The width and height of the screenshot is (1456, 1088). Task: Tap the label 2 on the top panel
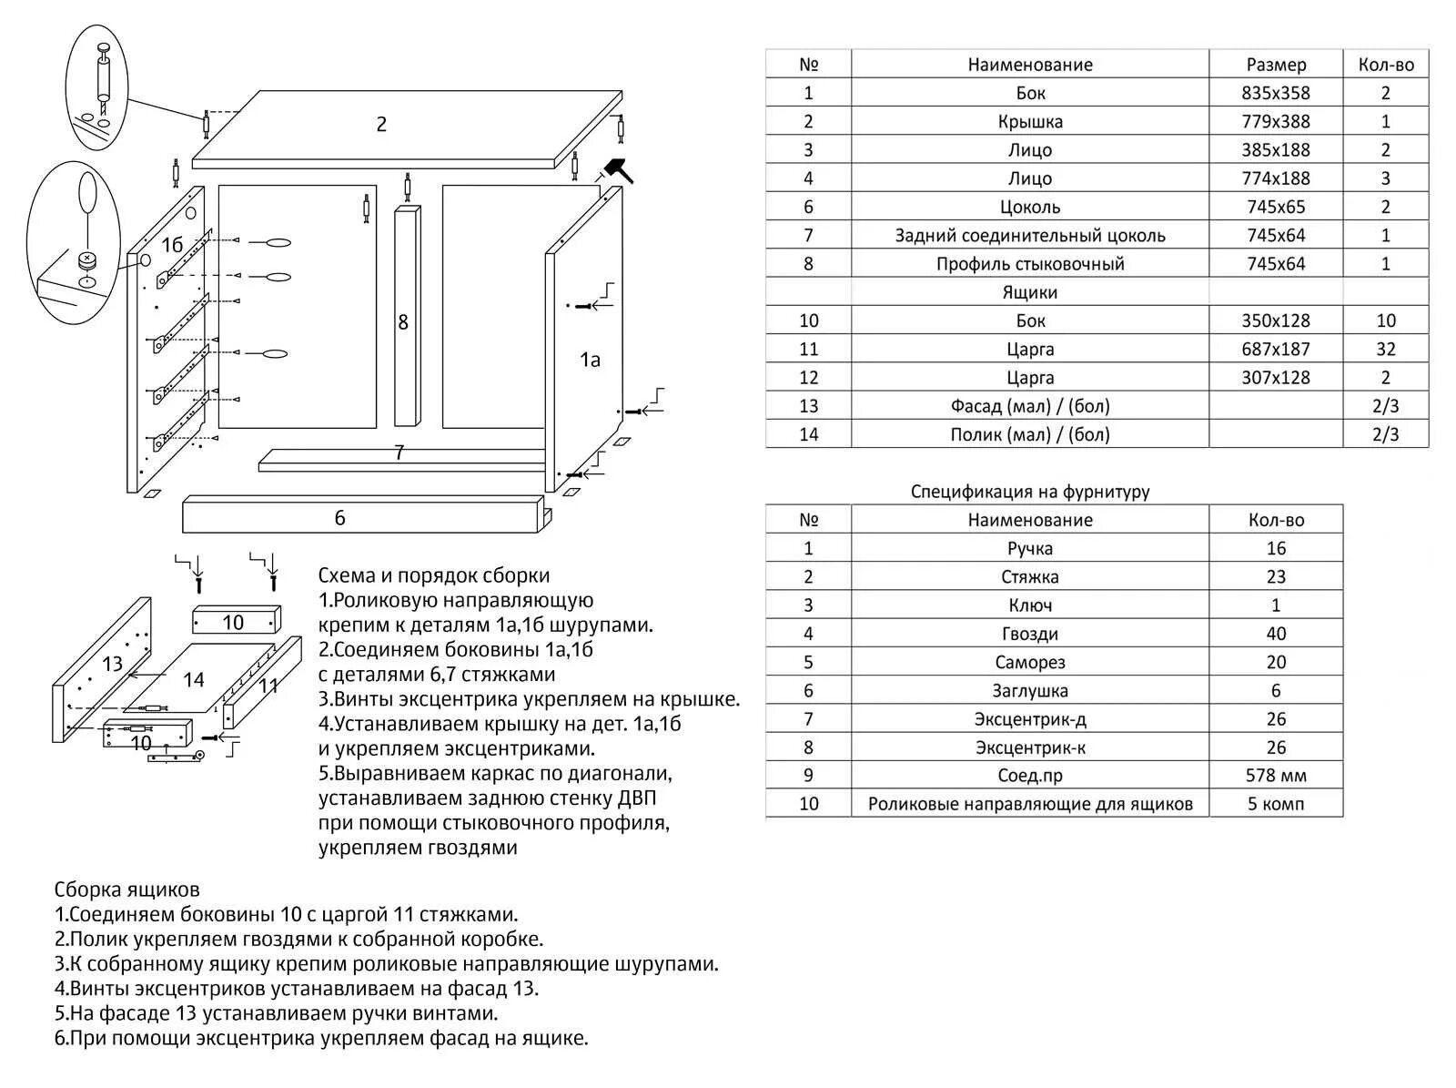pos(381,125)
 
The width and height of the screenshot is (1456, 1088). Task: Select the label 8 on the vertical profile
pos(403,322)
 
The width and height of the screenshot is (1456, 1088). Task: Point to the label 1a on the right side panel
pos(590,360)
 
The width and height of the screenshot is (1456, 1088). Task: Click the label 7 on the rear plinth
pos(399,452)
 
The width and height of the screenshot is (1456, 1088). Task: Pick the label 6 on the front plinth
pos(339,518)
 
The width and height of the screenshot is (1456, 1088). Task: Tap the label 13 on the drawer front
pos(112,663)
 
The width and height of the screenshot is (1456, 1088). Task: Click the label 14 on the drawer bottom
pos(193,679)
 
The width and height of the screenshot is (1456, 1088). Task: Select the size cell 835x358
pos(1276,93)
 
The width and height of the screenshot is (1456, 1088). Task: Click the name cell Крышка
pos(1029,121)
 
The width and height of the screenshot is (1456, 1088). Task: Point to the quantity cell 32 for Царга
pos(1385,349)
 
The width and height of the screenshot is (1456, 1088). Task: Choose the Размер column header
pos(1276,65)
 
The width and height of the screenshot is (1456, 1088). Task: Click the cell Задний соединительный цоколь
pos(1029,235)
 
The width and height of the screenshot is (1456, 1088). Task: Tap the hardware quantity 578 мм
pos(1276,776)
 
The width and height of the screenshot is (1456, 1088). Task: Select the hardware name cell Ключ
pos(1029,605)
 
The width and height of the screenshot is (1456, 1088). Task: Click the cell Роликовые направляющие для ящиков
pos(1029,804)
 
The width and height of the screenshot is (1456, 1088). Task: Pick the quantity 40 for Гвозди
pos(1276,634)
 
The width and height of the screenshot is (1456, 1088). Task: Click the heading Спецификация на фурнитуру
pos(1030,492)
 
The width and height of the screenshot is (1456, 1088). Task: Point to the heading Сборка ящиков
pos(126,890)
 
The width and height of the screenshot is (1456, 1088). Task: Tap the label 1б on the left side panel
pos(172,245)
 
